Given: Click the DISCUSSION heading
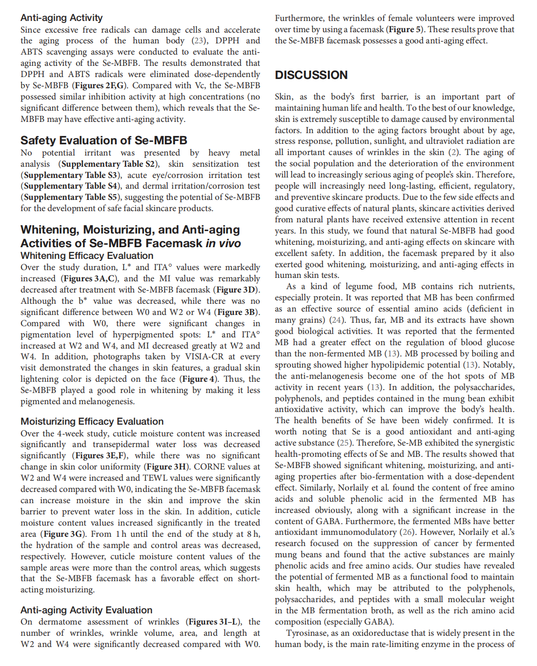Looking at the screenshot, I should [x=311, y=75].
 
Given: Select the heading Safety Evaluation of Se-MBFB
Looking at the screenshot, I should [x=103, y=140].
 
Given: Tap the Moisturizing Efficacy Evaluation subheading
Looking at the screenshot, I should [x=92, y=421].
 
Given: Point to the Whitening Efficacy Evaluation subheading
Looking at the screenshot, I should [x=86, y=255].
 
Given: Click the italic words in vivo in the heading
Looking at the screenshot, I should [x=223, y=243].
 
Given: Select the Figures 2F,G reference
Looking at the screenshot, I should [x=101, y=85].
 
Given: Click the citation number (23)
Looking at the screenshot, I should [x=199, y=40].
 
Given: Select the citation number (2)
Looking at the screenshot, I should [x=454, y=152].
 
